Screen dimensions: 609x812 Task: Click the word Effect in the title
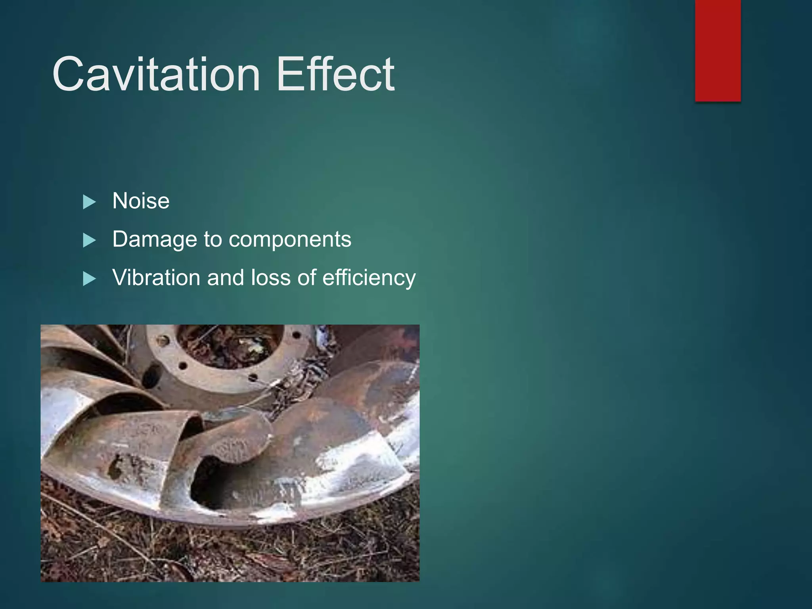point(335,74)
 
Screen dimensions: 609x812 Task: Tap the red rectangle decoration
point(718,50)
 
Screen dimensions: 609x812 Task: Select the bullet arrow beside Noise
point(89,202)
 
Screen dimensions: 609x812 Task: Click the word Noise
point(141,201)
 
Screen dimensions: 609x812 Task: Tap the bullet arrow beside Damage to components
point(89,240)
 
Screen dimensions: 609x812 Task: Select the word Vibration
point(156,278)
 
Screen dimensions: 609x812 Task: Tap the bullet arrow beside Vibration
point(89,279)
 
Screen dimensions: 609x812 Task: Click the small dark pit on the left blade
point(115,468)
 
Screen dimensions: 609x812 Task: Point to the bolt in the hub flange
point(163,340)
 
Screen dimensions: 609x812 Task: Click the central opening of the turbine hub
point(230,345)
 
